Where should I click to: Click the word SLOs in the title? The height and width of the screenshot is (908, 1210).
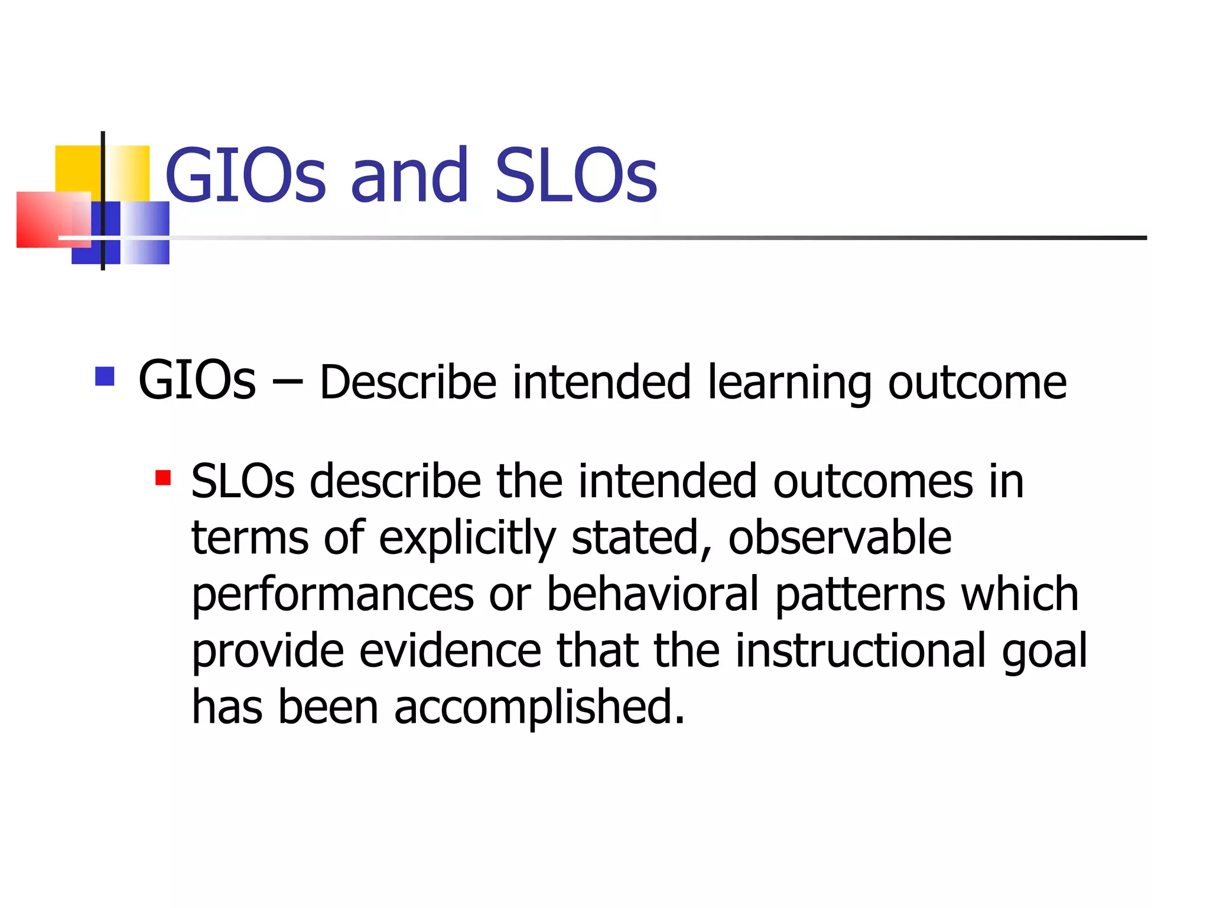(x=575, y=176)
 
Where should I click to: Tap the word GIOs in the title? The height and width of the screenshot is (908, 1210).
(x=245, y=176)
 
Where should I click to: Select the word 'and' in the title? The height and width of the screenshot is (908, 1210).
(x=410, y=176)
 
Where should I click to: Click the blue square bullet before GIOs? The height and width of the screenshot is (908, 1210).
(x=105, y=377)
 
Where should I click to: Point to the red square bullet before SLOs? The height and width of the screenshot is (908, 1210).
(x=163, y=478)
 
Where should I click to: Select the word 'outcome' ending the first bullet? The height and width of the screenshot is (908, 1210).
(x=977, y=383)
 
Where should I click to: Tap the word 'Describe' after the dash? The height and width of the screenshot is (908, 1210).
(x=408, y=382)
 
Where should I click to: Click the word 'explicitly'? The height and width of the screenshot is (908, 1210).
(x=467, y=539)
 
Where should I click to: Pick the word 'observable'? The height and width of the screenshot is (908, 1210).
(x=840, y=538)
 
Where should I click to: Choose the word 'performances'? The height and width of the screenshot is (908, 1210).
(x=333, y=595)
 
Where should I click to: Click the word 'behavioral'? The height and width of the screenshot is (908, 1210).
(x=652, y=594)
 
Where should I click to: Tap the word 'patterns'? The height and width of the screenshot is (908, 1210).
(x=860, y=595)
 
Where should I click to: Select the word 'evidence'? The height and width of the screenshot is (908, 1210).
(x=450, y=650)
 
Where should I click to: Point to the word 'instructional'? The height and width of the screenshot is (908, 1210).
(x=861, y=650)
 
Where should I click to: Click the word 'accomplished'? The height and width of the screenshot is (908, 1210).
(x=539, y=708)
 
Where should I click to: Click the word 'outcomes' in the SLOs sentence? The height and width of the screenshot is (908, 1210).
(x=873, y=482)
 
